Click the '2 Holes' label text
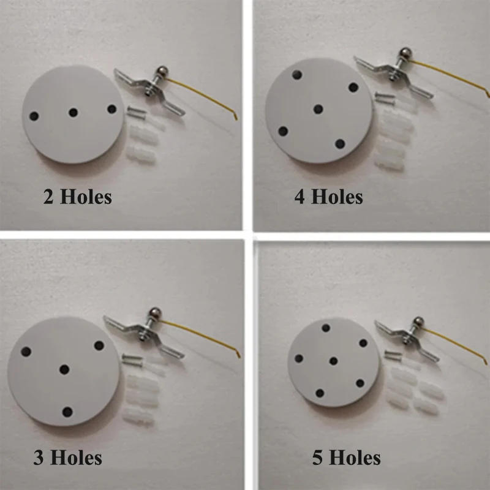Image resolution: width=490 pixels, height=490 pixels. click(77, 197)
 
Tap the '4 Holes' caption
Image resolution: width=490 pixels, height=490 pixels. click(328, 197)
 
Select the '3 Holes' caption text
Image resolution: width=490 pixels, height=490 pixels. click(67, 457)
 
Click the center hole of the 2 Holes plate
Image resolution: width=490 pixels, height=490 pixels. click(73, 113)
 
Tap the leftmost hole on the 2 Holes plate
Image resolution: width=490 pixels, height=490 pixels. click(34, 116)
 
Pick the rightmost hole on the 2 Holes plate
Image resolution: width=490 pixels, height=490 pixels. click(111, 109)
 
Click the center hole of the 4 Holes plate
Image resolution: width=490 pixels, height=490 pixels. click(318, 109)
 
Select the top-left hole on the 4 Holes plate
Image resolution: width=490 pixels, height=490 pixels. click(296, 75)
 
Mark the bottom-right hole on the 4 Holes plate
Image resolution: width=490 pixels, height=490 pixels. click(340, 143)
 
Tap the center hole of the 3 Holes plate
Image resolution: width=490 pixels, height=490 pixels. click(64, 369)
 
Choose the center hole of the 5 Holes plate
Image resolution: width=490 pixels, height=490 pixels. click(333, 361)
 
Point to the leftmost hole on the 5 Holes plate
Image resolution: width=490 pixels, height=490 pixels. click(300, 358)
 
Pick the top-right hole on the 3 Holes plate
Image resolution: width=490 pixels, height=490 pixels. click(99, 345)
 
